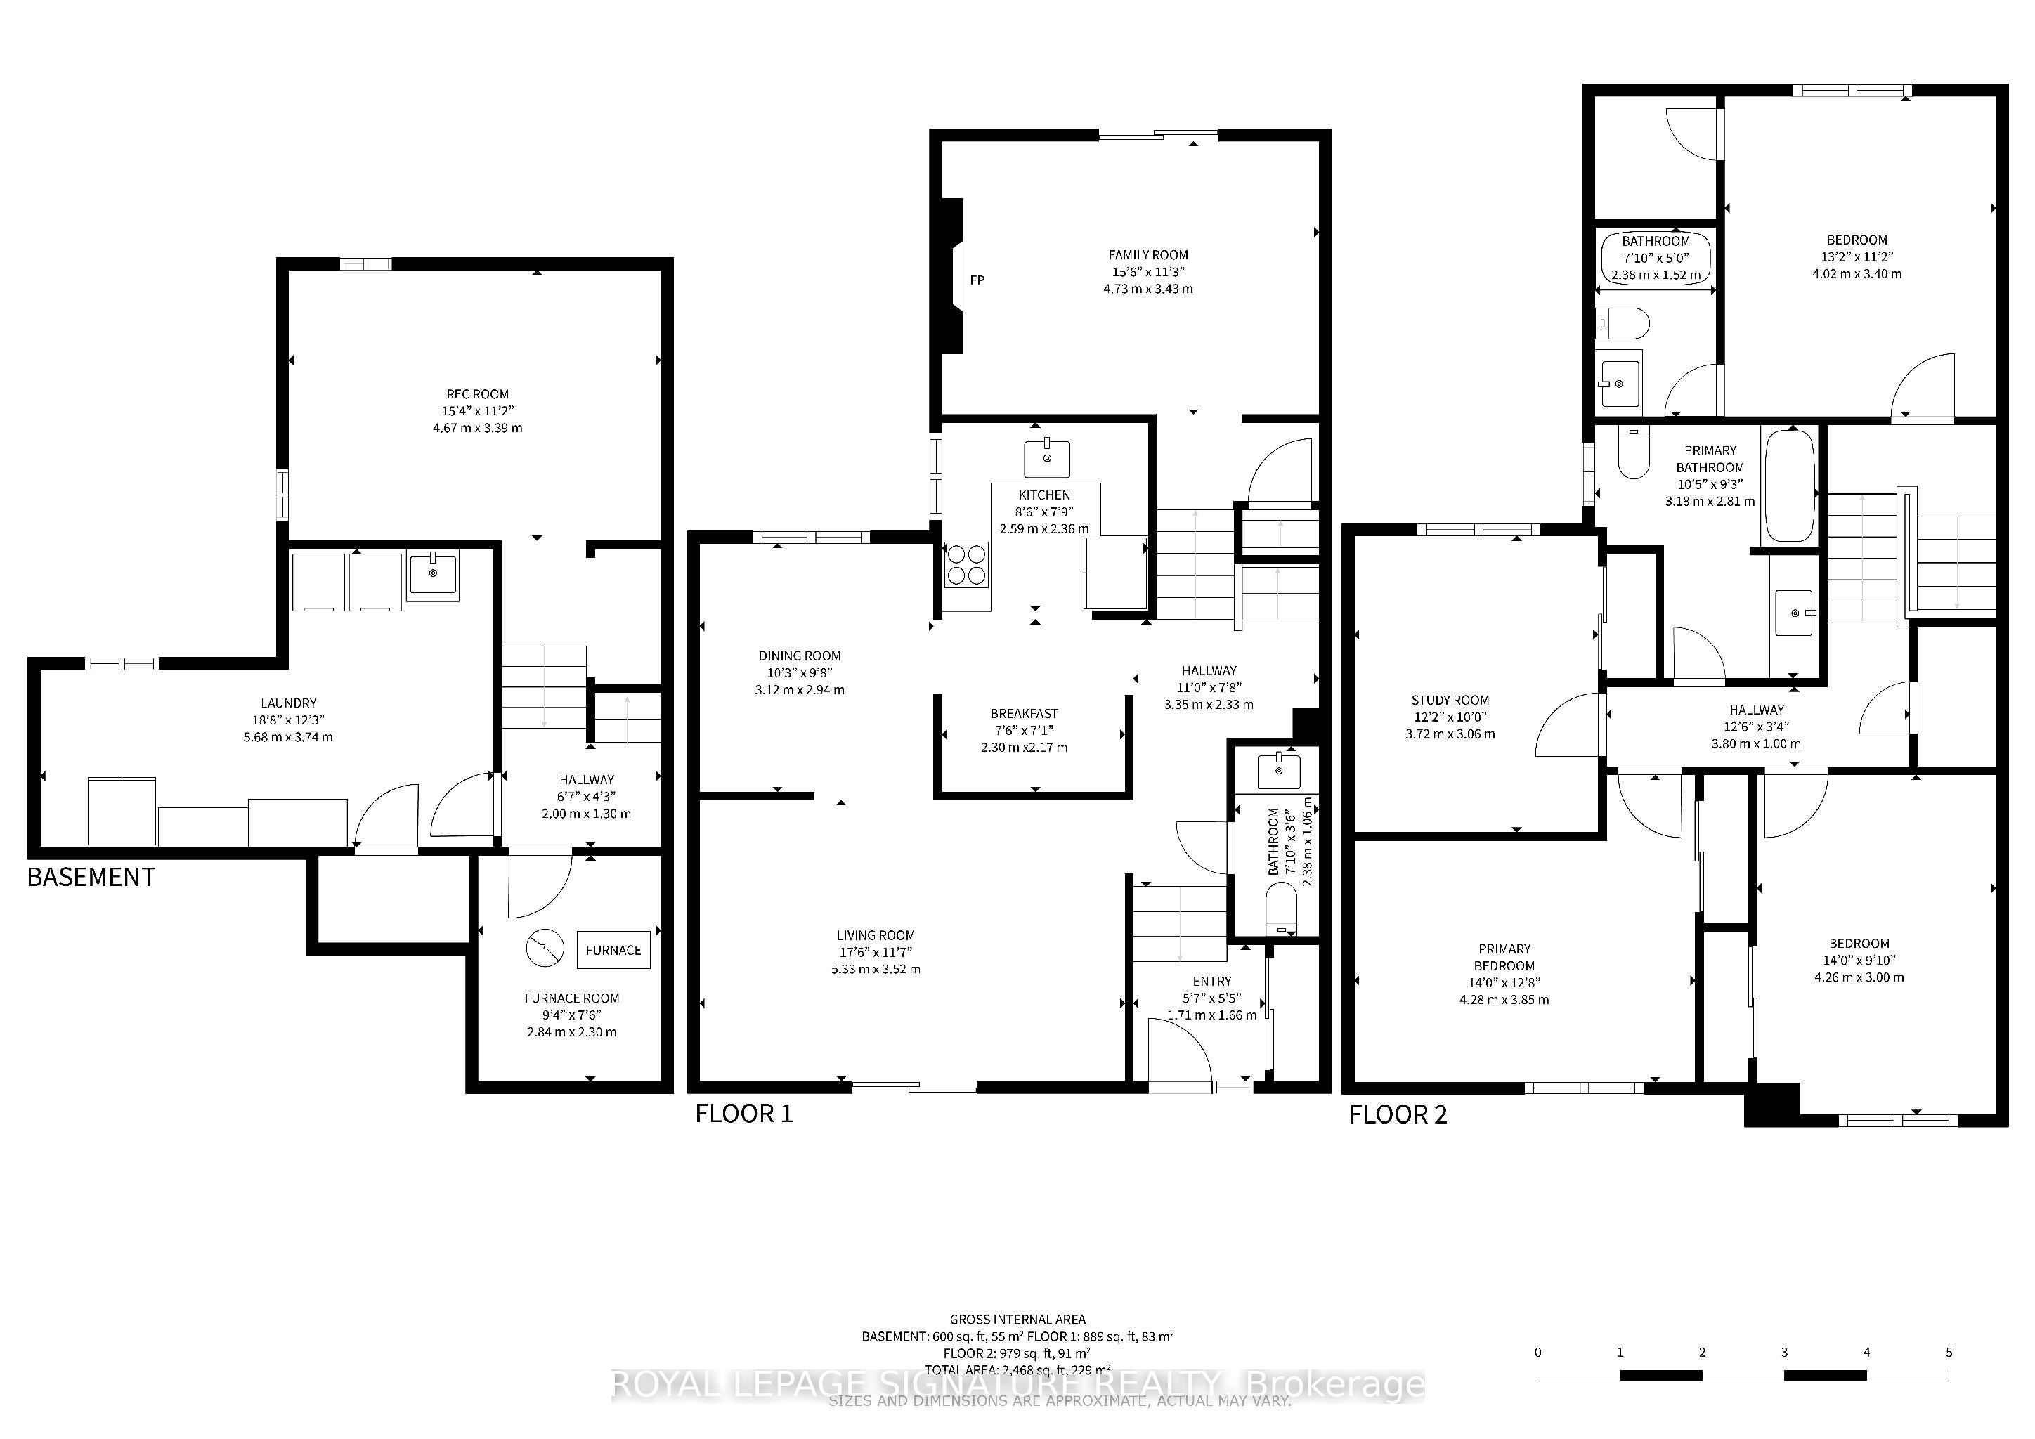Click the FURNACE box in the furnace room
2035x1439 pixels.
613,950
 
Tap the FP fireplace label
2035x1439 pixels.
977,280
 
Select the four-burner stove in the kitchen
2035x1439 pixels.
966,564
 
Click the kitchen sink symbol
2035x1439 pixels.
1048,458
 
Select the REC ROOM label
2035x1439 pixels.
478,394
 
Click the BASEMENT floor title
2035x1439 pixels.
91,877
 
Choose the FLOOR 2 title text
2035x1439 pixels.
1398,1114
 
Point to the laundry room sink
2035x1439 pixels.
434,576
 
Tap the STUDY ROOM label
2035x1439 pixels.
1450,700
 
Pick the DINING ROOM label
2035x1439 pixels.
800,656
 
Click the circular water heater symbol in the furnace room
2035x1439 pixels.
544,948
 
